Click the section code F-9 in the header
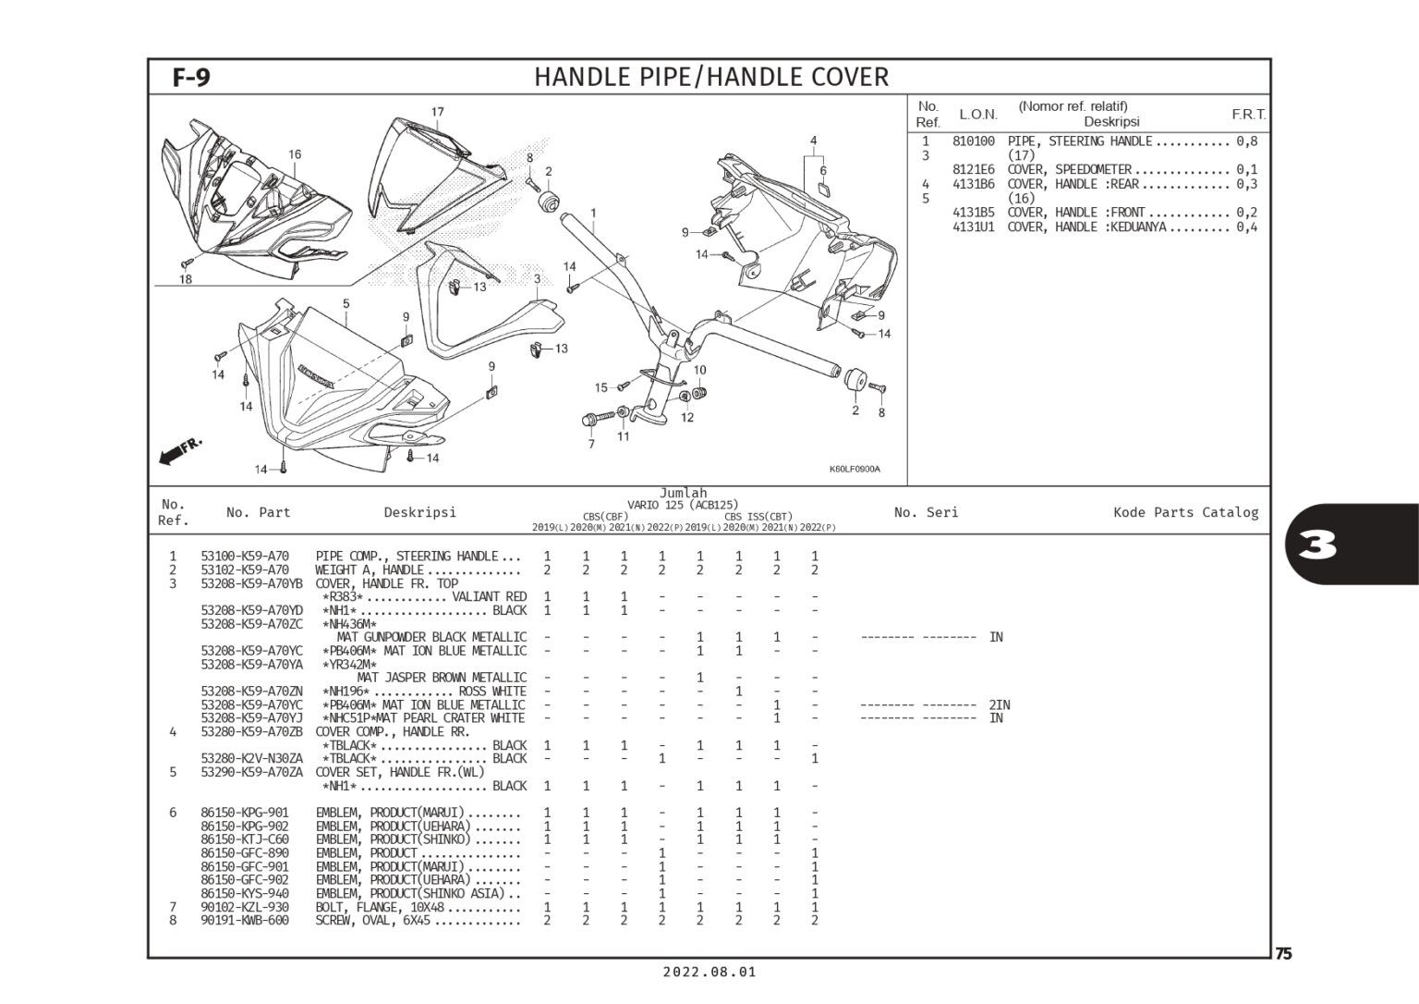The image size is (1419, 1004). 191,78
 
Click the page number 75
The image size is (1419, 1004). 1283,954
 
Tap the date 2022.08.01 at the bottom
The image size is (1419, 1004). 709,973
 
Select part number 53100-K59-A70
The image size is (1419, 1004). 245,557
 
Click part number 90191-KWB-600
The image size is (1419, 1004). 245,921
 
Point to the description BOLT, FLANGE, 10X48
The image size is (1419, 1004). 380,907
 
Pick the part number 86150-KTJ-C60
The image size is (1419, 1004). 245,839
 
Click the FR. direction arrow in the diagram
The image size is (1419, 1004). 180,450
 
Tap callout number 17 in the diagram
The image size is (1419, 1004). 438,112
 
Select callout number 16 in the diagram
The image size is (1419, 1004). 296,154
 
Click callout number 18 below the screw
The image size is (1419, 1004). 185,279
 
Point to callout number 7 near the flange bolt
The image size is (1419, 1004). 591,445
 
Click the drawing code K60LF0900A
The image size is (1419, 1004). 855,469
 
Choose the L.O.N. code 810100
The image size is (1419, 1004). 974,141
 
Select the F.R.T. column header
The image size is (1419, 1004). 1249,114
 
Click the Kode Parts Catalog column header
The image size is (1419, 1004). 1186,512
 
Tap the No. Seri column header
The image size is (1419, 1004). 927,512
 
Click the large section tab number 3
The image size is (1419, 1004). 1317,545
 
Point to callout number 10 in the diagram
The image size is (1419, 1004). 699,370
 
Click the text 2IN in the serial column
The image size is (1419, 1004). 999,704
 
